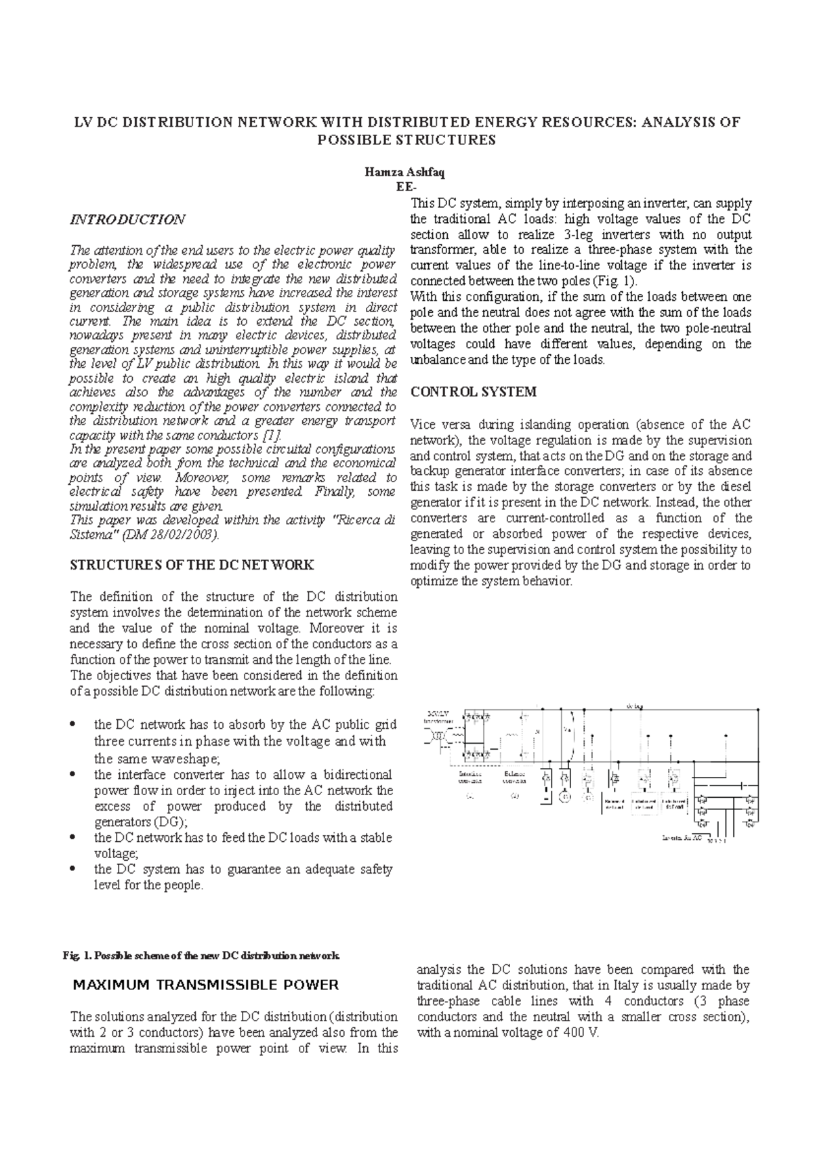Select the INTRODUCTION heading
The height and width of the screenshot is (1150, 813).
click(128, 219)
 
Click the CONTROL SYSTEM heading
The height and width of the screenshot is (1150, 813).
click(474, 392)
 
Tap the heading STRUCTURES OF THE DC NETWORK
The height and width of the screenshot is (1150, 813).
click(192, 564)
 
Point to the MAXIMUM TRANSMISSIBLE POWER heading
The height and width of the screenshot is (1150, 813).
click(205, 985)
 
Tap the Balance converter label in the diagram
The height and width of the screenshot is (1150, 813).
click(514, 777)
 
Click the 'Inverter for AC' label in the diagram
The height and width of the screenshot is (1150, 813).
click(681, 839)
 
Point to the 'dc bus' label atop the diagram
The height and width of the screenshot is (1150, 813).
click(635, 706)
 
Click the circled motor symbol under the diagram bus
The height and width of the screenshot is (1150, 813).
click(564, 797)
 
